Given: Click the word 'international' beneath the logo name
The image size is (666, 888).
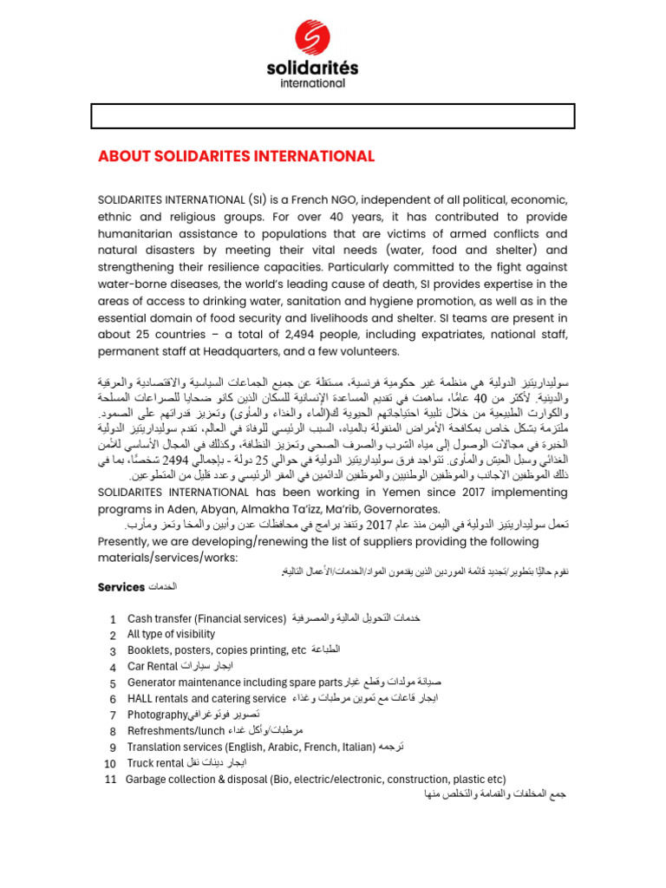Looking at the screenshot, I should point(311,83).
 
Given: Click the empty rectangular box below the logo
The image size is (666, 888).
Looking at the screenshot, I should point(333,115).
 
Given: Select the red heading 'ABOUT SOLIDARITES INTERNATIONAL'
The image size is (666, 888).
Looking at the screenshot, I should point(236,156).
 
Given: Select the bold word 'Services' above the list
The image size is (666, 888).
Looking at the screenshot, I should point(121,587).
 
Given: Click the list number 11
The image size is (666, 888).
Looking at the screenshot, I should point(109,779).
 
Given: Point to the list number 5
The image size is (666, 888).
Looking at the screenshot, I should point(113,682).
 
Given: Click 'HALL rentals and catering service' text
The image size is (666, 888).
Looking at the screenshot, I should point(206,698).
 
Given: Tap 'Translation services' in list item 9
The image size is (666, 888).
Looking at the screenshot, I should point(173,747).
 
